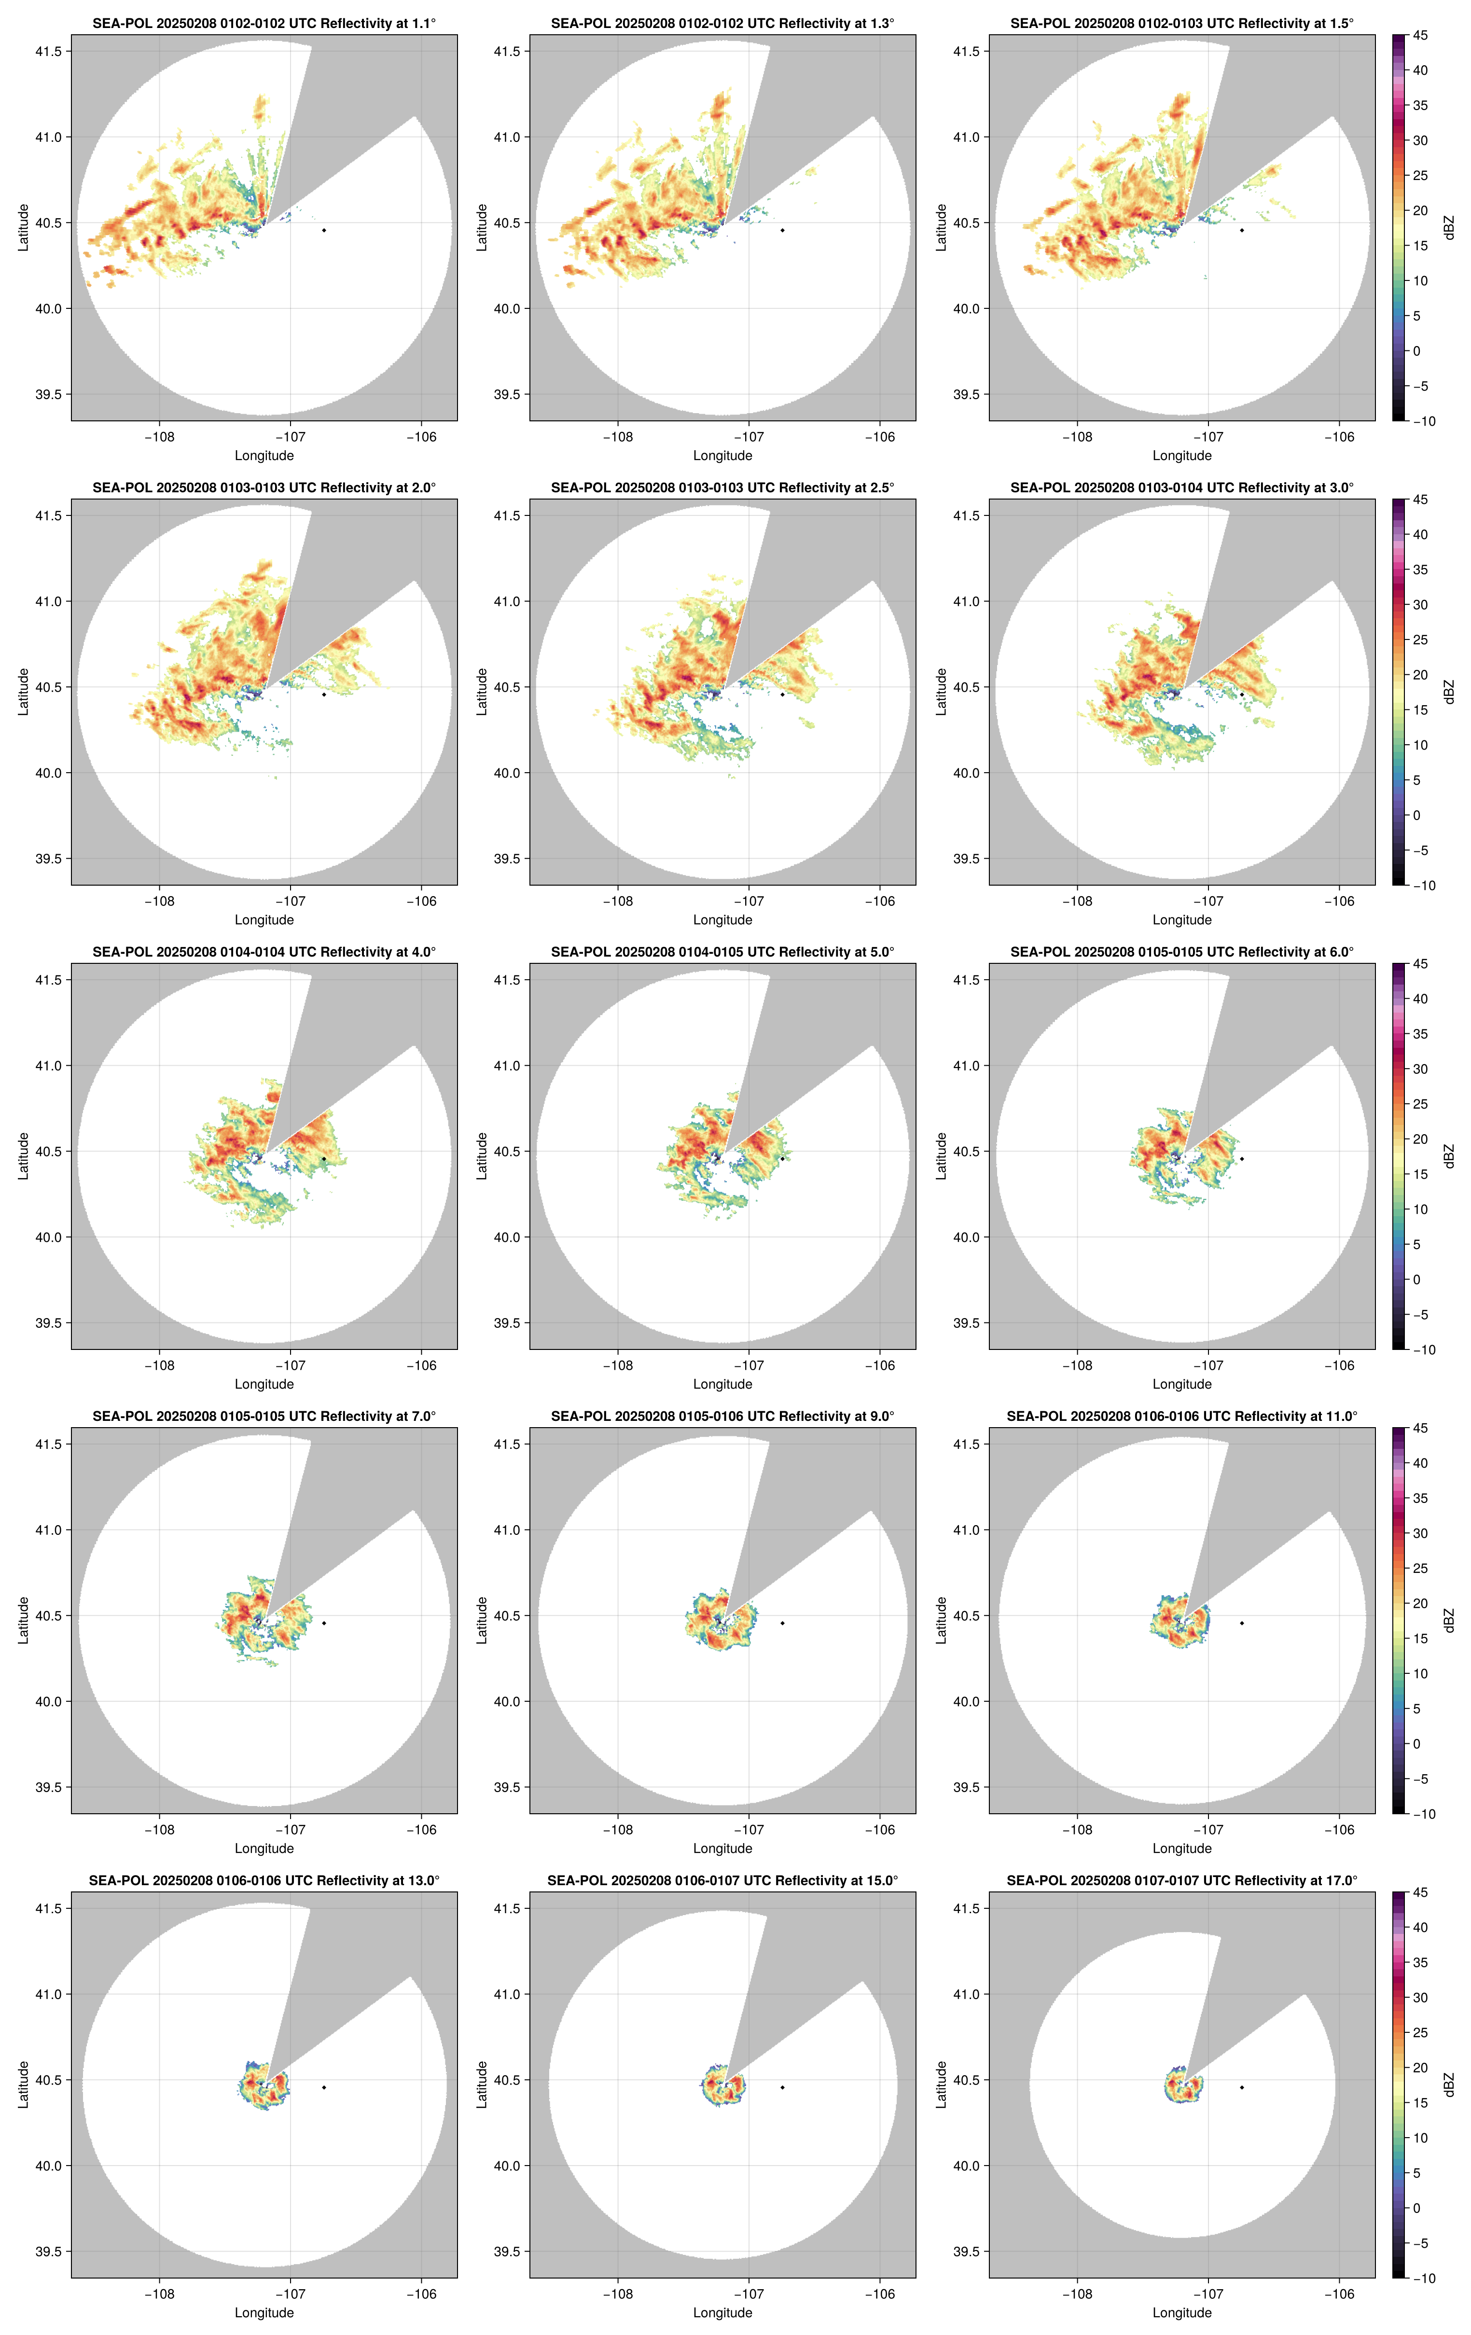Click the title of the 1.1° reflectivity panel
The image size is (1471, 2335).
264,23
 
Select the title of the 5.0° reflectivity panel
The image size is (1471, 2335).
722,952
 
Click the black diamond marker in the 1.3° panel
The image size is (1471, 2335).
782,230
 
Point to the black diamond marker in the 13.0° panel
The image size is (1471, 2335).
324,2087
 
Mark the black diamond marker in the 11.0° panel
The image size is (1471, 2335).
1241,1623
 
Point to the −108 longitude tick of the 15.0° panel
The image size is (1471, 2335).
618,2294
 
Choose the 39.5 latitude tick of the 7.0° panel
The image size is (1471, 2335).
48,1787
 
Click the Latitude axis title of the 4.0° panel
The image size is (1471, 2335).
23,1156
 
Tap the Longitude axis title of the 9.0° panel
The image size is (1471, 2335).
722,1848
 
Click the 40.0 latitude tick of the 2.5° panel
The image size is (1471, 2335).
507,773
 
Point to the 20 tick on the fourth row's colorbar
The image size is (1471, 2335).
1420,1603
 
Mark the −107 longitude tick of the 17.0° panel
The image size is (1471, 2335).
1208,2294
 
